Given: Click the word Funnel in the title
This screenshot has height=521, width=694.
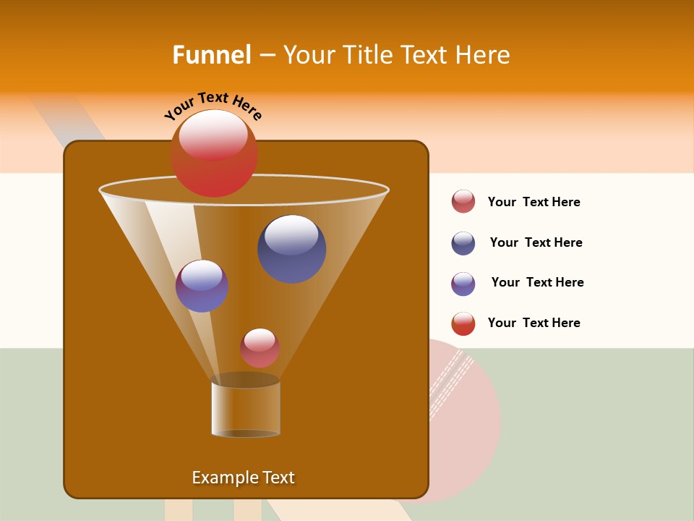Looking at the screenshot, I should tap(212, 55).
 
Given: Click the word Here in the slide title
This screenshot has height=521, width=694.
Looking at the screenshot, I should tap(484, 55).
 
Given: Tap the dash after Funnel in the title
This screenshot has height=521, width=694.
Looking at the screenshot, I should tap(266, 56).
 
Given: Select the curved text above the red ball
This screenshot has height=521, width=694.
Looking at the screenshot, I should tap(213, 105).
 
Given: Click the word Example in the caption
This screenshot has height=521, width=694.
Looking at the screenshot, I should tap(220, 478).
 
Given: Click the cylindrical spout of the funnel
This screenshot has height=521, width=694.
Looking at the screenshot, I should tap(246, 409).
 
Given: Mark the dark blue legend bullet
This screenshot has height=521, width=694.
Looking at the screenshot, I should tap(463, 243).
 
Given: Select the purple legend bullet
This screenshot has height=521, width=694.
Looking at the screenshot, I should tap(463, 284).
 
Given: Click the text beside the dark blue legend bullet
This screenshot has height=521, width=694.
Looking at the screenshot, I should tap(536, 242).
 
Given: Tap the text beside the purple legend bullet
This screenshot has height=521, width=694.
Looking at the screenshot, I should tap(537, 282).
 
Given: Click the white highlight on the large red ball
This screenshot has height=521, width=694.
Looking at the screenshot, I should tap(213, 135).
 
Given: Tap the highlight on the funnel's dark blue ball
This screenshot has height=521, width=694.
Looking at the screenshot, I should tap(291, 234).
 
